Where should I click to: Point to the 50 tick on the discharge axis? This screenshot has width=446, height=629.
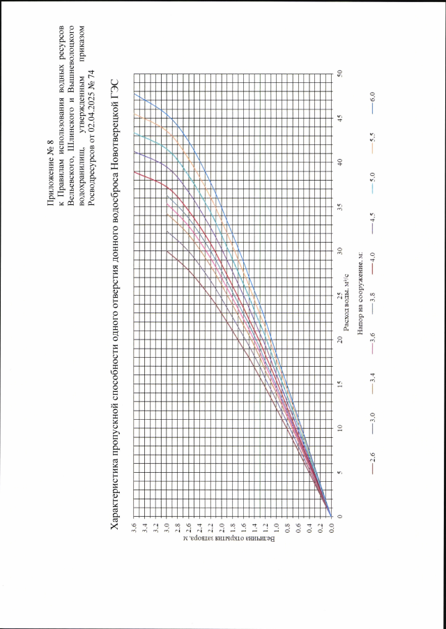(x=339, y=72)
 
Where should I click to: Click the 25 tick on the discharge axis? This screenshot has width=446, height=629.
(x=339, y=294)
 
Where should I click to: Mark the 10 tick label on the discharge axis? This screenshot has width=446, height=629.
(x=339, y=427)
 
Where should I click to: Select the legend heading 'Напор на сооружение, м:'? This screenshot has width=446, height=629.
(x=362, y=294)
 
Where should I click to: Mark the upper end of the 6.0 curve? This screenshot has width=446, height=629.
(x=134, y=93)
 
